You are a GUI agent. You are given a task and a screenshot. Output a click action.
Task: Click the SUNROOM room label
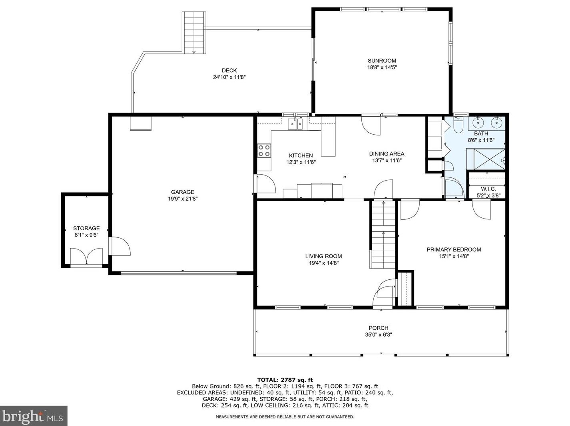(x=381, y=61)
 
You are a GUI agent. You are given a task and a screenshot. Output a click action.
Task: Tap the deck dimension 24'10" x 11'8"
(x=229, y=77)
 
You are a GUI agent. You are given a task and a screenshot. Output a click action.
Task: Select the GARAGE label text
(x=182, y=192)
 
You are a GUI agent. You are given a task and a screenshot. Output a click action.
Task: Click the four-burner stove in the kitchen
(x=264, y=151)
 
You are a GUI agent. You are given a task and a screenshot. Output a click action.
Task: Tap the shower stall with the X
(x=486, y=159)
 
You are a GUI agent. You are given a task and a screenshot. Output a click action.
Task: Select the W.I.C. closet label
(x=488, y=189)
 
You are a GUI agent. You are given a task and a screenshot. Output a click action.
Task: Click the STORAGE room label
(x=86, y=228)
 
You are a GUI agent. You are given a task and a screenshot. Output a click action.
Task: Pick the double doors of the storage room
(x=86, y=256)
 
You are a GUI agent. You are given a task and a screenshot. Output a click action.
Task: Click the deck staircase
(x=194, y=32)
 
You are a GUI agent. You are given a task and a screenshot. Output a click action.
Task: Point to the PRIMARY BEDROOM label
(x=454, y=249)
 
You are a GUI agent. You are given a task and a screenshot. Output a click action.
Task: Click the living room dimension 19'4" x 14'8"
(x=323, y=263)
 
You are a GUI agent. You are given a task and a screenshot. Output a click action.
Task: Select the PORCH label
(x=379, y=328)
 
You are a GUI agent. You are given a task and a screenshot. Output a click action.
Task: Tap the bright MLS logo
(x=33, y=416)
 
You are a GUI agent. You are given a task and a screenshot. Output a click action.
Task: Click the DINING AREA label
(x=387, y=154)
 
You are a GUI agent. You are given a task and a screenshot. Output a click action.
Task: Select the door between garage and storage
(x=119, y=246)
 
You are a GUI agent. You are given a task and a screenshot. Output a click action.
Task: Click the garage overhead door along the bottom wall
(x=179, y=273)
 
